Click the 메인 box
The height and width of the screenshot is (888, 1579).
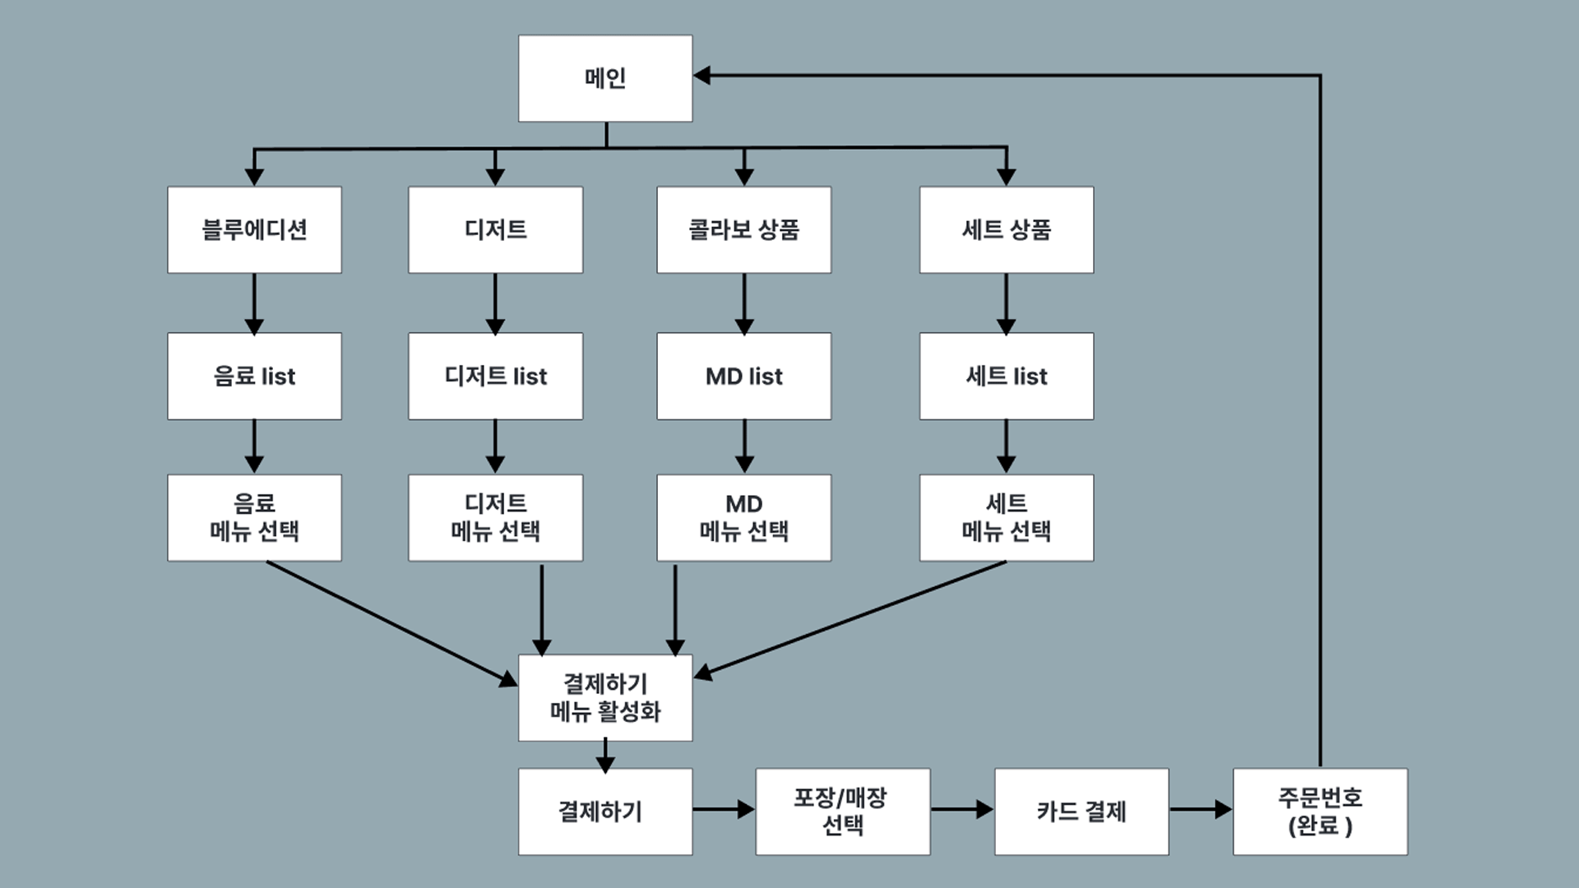[605, 78]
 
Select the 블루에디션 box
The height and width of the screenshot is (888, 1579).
[254, 229]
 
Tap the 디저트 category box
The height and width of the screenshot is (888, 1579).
[495, 229]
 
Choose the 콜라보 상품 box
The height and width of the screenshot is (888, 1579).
[743, 229]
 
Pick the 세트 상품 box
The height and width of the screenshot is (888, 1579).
[1006, 229]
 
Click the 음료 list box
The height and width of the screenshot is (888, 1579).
[254, 376]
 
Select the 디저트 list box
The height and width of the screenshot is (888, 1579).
[495, 376]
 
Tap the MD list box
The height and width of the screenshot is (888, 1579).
[743, 376]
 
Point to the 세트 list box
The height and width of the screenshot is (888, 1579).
[1006, 376]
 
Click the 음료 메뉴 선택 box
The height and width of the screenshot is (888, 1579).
[254, 517]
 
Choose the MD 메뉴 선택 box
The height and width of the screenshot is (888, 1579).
[743, 517]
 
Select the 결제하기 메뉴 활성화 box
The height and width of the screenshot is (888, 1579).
[605, 697]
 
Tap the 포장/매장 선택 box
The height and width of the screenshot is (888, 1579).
[842, 812]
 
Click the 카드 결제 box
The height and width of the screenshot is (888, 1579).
[1081, 812]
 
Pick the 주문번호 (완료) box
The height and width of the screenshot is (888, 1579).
[1320, 812]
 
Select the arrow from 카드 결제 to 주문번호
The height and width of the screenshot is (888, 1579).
[1201, 810]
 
